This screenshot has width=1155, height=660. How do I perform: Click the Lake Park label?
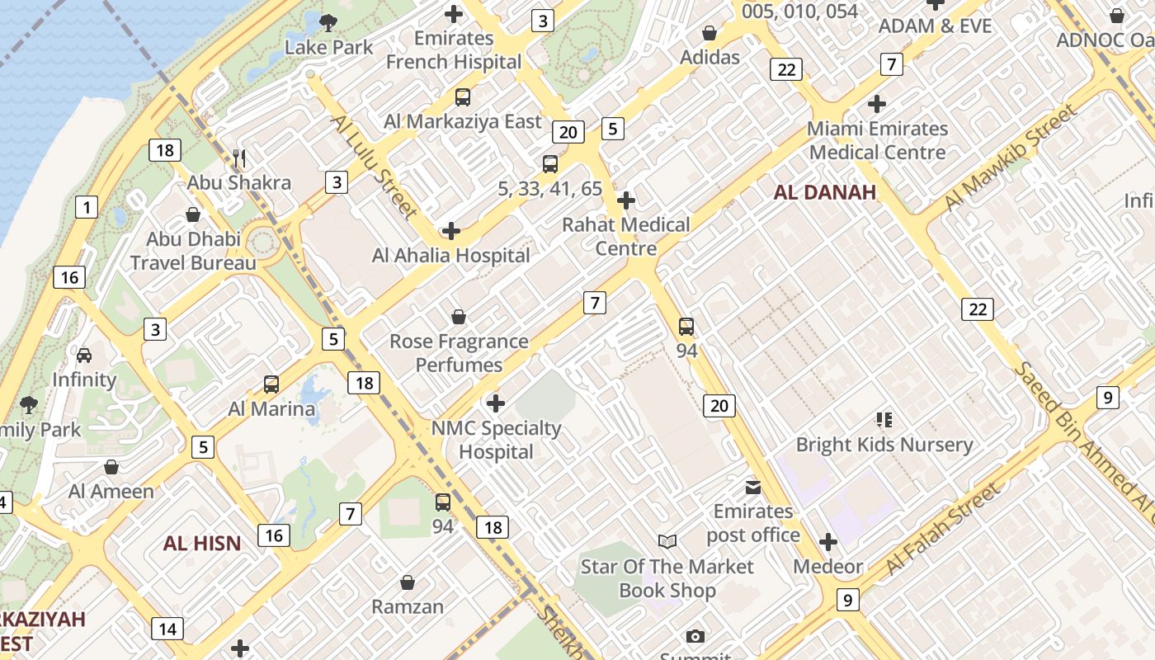point(329,47)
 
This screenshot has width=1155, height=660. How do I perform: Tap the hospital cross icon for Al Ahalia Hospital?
point(450,230)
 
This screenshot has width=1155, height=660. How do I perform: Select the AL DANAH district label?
point(824,192)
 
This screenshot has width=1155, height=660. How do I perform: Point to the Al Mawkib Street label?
point(1011,157)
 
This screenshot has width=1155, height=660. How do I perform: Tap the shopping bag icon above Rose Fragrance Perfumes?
point(459,317)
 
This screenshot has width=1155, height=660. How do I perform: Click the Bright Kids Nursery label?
point(884,445)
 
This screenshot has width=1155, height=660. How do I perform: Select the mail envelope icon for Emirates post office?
point(753,487)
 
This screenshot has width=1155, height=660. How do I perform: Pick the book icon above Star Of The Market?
point(667,541)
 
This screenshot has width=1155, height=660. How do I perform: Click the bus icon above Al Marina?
point(271,384)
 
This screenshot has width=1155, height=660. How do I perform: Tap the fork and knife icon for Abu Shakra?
point(239,158)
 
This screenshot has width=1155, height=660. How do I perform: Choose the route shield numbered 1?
point(87,207)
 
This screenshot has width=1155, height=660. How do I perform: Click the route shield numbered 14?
point(167,629)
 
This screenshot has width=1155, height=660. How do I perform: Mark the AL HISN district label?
point(202,543)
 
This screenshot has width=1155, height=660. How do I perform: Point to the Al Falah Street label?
point(943,528)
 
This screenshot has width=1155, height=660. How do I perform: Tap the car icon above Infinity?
point(84,355)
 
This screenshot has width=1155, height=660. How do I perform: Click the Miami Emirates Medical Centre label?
point(877,140)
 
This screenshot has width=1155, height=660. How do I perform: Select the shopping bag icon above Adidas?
point(709,33)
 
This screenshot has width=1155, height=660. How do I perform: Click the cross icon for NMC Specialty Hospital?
point(496,403)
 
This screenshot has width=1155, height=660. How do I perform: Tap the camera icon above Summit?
point(695,636)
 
